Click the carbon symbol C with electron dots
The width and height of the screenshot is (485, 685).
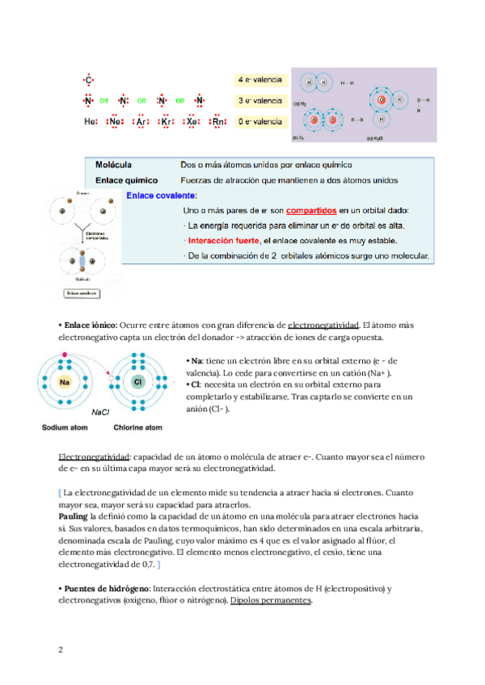coord(89,80)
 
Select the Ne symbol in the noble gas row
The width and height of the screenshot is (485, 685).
coord(116,121)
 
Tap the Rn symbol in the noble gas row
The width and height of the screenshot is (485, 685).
coord(217,121)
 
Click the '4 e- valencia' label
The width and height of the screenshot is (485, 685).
coord(259,80)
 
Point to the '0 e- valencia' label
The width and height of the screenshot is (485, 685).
coord(259,121)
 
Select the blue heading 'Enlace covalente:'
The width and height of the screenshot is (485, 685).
coord(162,195)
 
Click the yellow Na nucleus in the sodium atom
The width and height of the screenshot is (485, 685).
coord(65,381)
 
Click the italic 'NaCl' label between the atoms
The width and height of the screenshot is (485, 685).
coord(100,411)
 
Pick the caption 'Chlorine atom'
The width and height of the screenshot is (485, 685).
coord(138,427)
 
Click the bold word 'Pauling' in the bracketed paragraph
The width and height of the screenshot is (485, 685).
coord(74,515)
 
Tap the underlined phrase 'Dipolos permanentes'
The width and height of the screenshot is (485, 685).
coord(272,601)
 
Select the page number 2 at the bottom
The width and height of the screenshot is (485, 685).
coord(61,649)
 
